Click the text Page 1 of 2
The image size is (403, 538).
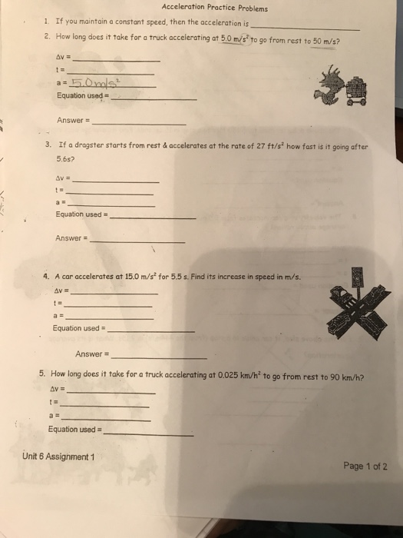coord(365,466)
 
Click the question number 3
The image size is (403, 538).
coord(48,144)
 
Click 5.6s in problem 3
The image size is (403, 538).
coord(64,159)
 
